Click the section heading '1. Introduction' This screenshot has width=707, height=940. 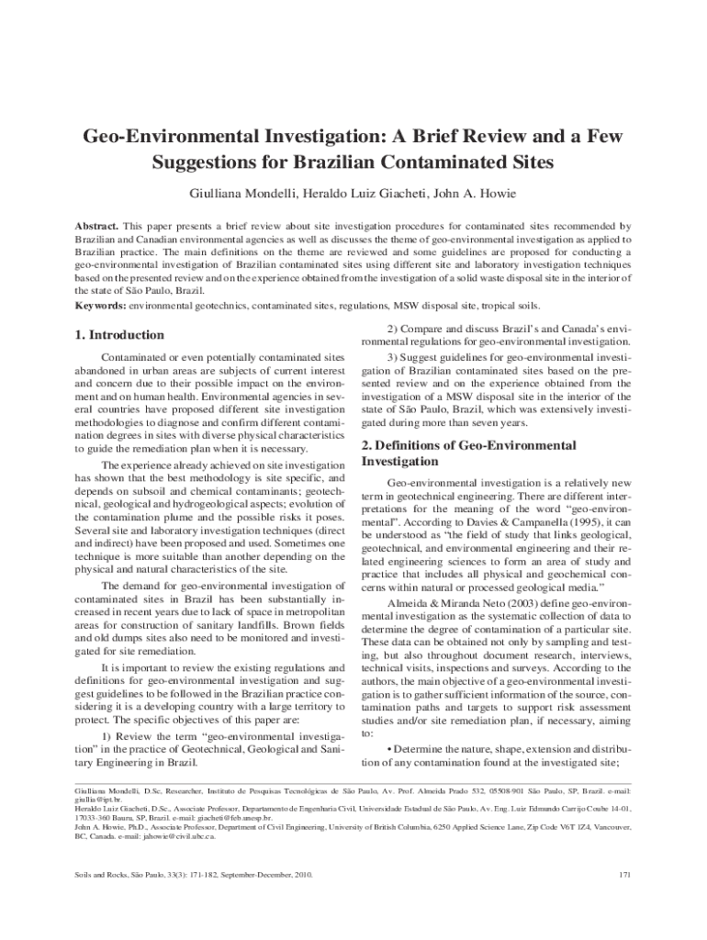(x=119, y=335)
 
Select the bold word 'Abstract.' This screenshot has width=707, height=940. (x=96, y=226)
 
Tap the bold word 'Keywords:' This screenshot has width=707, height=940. (x=100, y=305)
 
